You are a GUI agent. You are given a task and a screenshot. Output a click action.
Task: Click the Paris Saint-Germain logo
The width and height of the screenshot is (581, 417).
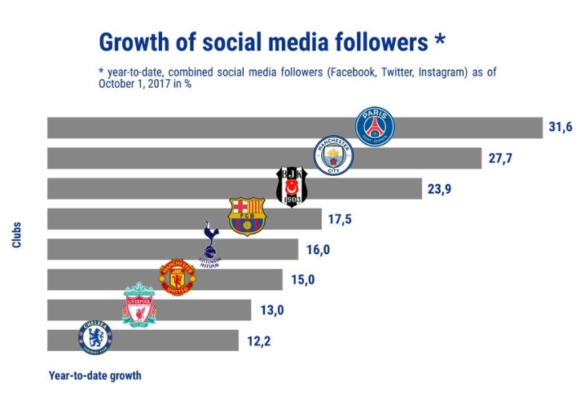click(x=375, y=126)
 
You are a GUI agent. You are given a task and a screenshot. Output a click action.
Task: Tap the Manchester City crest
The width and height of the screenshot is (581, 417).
click(x=336, y=156)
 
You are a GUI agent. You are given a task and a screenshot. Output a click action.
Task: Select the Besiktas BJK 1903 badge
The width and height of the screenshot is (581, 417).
click(x=292, y=187)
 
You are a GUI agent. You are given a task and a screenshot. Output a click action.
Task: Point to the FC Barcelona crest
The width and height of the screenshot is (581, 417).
click(x=247, y=217)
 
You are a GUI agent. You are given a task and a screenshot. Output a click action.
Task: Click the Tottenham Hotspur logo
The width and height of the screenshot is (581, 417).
click(x=210, y=244)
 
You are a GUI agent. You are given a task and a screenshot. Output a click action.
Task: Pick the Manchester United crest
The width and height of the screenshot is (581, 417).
click(x=177, y=277)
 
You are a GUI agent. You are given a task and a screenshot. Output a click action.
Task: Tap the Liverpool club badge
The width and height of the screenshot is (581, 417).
click(x=139, y=305)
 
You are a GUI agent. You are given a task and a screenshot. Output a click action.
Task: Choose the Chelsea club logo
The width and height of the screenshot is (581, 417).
click(x=95, y=338)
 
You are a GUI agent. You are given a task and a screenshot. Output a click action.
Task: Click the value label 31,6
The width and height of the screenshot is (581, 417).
click(x=561, y=128)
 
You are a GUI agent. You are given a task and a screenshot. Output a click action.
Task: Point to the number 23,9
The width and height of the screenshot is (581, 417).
click(x=439, y=189)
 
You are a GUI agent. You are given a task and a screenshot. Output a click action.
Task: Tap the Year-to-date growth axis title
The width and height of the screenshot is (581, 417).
click(x=95, y=375)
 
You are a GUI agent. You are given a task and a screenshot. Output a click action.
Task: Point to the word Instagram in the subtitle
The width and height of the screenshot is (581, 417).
click(x=441, y=72)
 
